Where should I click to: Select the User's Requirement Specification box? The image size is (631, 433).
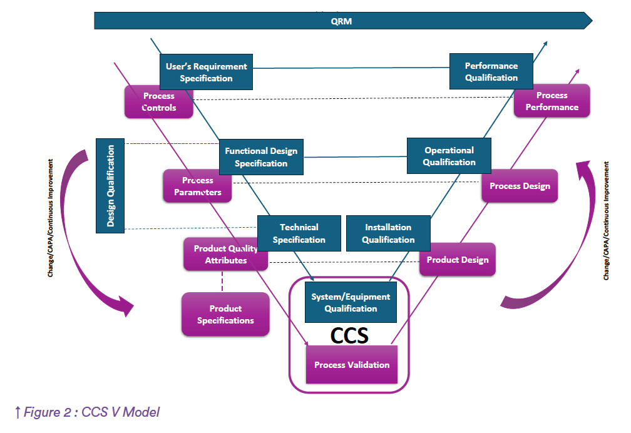click(x=206, y=72)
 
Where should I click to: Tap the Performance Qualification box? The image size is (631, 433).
click(x=491, y=71)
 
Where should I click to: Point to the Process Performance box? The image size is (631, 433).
click(x=551, y=101)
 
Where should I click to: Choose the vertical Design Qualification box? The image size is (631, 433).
click(x=110, y=185)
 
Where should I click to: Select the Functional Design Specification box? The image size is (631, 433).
click(x=261, y=157)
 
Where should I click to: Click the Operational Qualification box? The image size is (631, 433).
click(x=449, y=156)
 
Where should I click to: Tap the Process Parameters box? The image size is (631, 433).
click(x=197, y=186)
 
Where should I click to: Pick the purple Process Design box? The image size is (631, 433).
click(x=520, y=186)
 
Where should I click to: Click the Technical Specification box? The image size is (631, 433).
click(x=299, y=233)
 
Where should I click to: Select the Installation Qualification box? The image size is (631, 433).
click(x=388, y=233)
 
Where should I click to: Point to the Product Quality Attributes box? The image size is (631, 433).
click(x=225, y=254)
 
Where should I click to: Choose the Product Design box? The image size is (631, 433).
click(x=458, y=260)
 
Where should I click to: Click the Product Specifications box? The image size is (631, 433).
click(x=225, y=314)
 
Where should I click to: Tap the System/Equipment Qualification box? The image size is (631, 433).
click(x=351, y=302)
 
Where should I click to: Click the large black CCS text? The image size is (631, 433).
click(x=349, y=336)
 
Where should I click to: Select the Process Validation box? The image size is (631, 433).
click(x=351, y=365)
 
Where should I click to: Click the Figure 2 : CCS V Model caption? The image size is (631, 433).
click(x=87, y=412)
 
